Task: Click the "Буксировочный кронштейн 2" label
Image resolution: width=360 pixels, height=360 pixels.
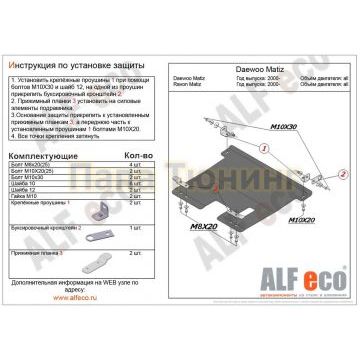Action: point(45,229)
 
